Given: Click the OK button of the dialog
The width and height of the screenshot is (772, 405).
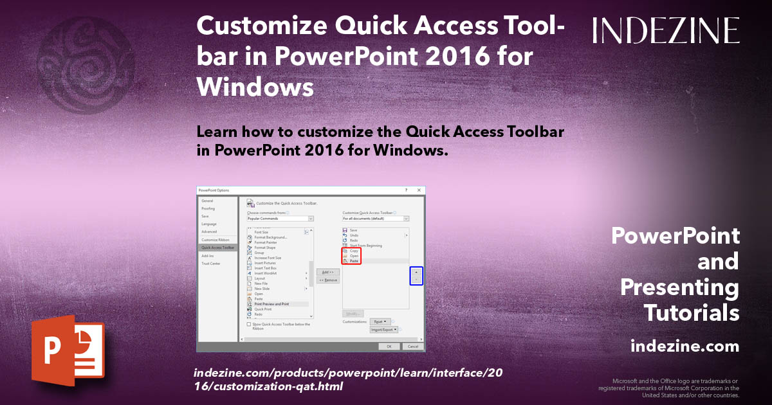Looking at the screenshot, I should click(389, 346).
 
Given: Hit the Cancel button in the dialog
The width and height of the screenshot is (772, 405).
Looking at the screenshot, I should click(412, 346).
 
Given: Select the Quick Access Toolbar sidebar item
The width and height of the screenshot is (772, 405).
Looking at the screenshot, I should click(217, 248).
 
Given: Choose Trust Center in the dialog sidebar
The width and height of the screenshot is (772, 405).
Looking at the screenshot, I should click(210, 264).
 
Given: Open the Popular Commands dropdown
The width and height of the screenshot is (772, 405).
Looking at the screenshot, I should click(280, 219).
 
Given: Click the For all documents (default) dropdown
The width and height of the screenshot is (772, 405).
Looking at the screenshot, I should click(376, 219).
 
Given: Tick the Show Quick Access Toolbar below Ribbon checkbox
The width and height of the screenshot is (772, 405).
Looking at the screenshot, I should click(249, 325).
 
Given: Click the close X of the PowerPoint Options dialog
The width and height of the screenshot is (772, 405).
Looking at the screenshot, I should click(419, 190).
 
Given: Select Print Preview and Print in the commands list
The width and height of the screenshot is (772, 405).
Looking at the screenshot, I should click(271, 304).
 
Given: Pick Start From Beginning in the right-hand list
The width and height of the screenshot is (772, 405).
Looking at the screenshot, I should click(365, 246).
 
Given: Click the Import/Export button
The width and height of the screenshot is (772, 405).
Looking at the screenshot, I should click(384, 330).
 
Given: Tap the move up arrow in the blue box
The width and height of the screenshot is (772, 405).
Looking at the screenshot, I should click(417, 272).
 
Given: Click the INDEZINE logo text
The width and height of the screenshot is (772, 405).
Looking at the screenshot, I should click(666, 30).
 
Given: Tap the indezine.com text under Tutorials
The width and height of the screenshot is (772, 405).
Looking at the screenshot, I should click(685, 346).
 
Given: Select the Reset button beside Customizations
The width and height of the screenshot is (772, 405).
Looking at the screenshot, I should click(380, 321).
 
